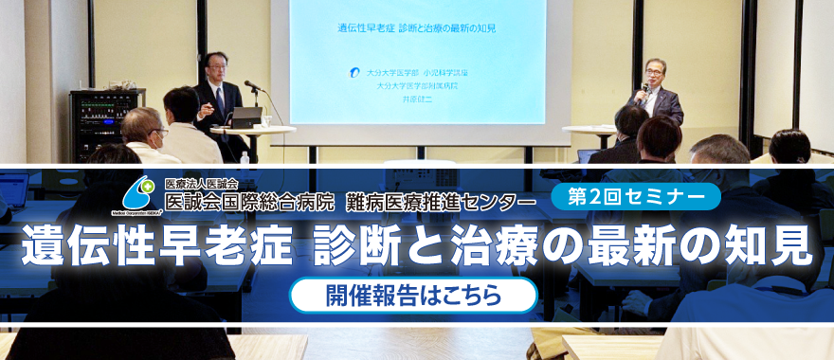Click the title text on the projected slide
pos(417,27)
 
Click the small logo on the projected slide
pos(354,72)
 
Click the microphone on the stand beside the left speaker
pos(253,86)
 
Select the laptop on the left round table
pos(246,117)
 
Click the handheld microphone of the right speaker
pos(644,88)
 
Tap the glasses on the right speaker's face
pos(653,73)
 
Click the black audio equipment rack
pos(106,122)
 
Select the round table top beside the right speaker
pos(590,131)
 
